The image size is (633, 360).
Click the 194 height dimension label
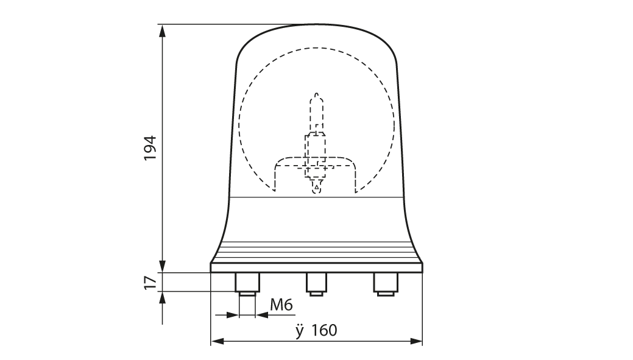tap(150, 147)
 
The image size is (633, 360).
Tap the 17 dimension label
tap(150, 282)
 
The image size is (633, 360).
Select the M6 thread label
tap(281, 305)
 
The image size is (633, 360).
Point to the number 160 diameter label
tap(324, 330)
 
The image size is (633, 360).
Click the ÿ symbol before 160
tap(299, 331)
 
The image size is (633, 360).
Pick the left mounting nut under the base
tap(247, 282)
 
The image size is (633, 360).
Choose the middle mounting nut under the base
tap(316, 282)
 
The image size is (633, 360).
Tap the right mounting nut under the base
tap(386, 282)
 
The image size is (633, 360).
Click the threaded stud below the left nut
tap(247, 294)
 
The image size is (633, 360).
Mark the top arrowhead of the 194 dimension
tap(163, 30)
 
